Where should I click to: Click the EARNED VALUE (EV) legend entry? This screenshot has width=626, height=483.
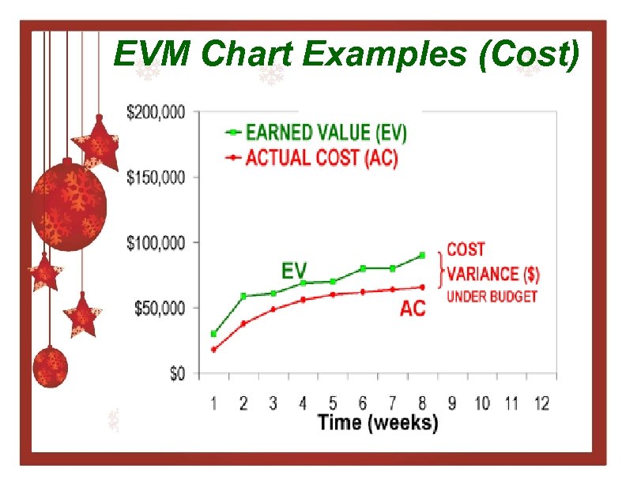tap(326, 133)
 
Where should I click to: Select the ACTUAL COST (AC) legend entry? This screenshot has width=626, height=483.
tap(322, 158)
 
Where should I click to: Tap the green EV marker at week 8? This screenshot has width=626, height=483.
tap(422, 255)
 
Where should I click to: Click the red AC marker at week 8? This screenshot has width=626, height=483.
tap(422, 287)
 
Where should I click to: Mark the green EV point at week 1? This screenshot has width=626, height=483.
tap(213, 334)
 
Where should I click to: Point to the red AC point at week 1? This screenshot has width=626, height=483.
tap(213, 350)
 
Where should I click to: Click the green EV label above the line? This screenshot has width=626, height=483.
tap(295, 270)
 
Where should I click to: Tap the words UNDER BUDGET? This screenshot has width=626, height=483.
tap(492, 297)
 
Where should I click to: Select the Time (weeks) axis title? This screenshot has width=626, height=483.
tap(377, 423)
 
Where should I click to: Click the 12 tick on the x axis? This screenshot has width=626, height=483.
tap(541, 403)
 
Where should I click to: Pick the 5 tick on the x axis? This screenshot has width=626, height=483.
tap(333, 403)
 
